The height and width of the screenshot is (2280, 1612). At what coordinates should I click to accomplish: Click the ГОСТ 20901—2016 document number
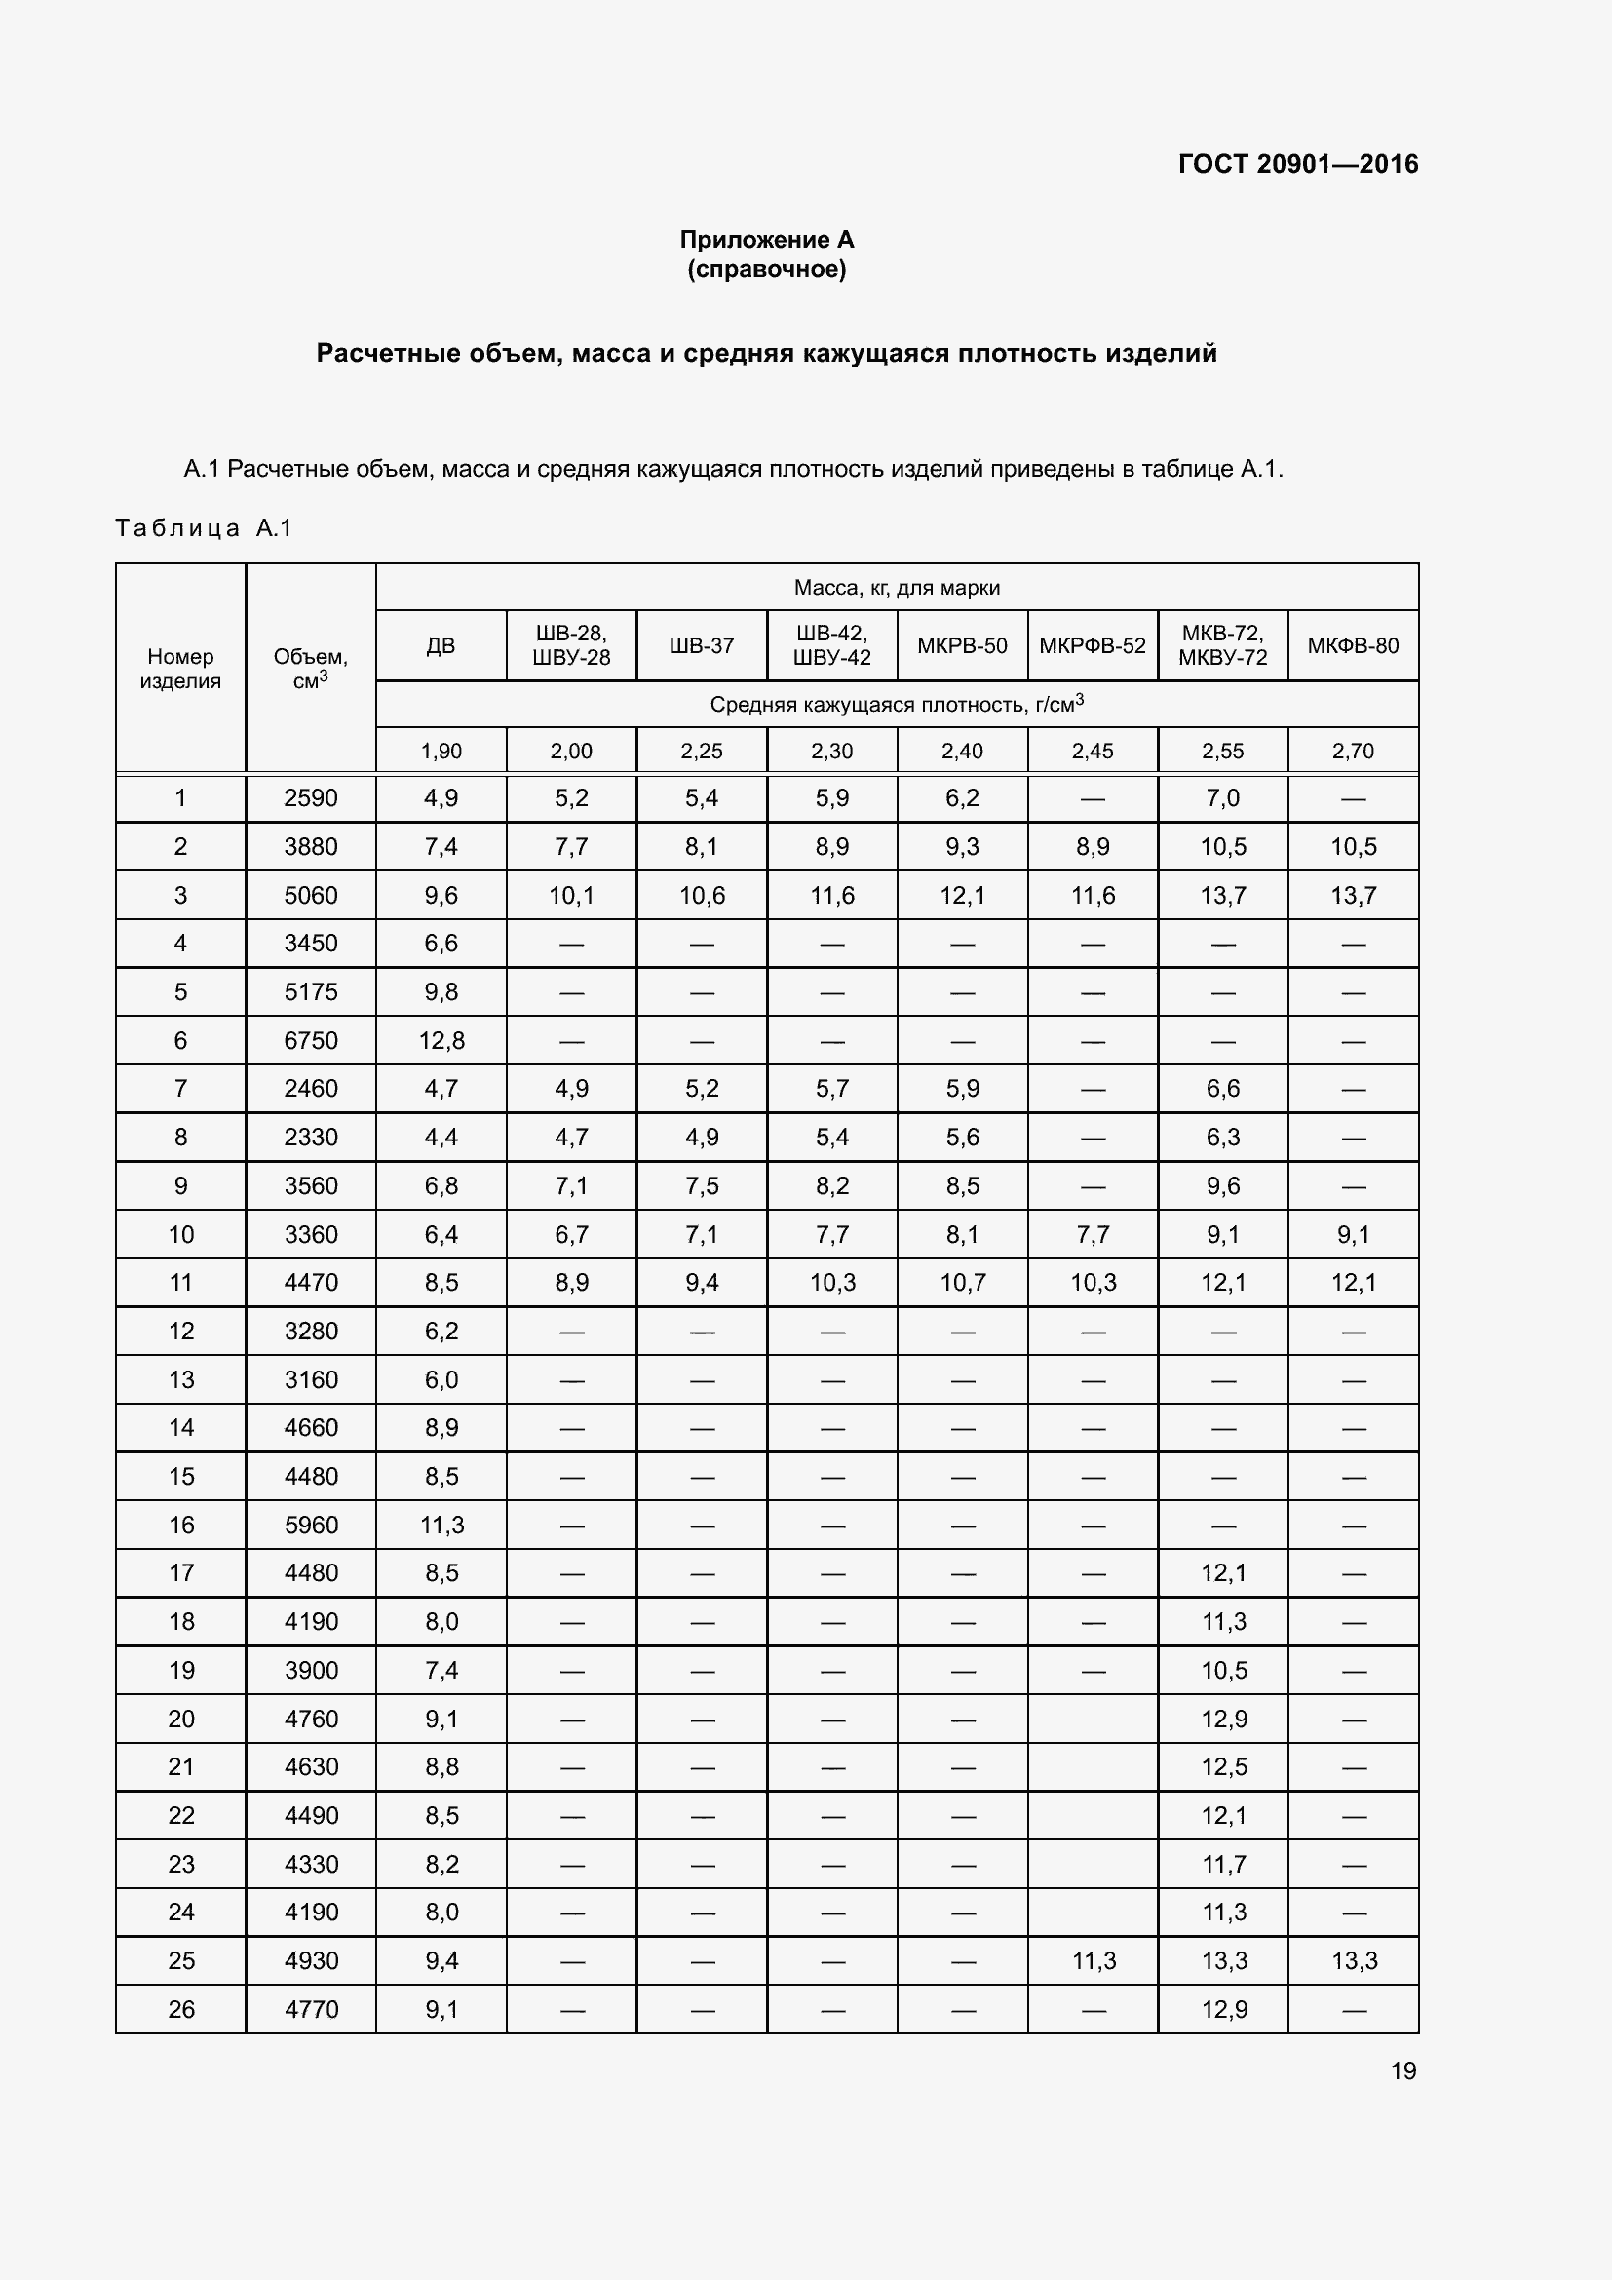pos(1297,164)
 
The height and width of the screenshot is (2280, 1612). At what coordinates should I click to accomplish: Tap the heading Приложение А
pos(766,240)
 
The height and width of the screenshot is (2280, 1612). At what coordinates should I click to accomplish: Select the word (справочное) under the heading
pos(766,269)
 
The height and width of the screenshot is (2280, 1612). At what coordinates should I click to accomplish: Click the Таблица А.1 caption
pos(204,527)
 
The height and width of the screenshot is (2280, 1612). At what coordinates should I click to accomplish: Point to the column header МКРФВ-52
pos(1092,645)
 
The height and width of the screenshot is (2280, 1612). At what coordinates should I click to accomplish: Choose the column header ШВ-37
pos(701,645)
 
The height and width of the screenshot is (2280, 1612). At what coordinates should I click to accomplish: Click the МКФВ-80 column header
pos(1352,645)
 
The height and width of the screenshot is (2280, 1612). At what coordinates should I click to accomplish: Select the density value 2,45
pos(1092,751)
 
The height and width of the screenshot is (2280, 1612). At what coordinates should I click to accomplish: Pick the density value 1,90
pos(441,751)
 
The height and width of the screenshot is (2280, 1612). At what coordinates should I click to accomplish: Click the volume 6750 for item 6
pos(311,1041)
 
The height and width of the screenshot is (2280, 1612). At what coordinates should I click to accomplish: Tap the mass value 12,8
pos(441,1041)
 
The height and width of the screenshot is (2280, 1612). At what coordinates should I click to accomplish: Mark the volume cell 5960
pos(311,1526)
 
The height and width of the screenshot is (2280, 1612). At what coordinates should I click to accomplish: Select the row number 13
pos(180,1379)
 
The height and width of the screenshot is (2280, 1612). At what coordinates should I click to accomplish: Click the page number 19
pos(1402,2070)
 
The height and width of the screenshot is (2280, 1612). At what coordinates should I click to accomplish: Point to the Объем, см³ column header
pos(311,668)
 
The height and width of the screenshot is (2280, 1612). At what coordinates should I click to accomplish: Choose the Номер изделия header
pos(180,668)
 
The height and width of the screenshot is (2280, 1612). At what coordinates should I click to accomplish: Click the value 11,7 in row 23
pos(1223,1864)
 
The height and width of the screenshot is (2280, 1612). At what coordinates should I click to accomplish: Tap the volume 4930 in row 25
pos(311,1960)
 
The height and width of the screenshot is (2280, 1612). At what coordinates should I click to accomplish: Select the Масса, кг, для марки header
pos(897,587)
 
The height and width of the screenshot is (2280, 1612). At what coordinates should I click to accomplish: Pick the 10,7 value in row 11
pos(962,1282)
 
